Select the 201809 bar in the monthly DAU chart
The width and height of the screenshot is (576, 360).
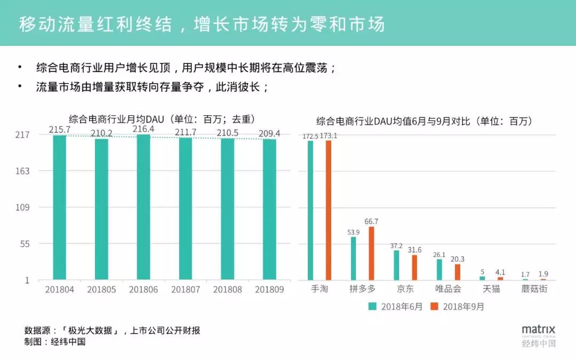point(270,209)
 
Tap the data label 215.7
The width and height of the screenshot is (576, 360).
point(60,130)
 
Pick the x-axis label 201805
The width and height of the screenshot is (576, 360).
point(101,290)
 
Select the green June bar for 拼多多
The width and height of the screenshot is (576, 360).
point(353,258)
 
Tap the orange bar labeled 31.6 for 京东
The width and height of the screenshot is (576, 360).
point(414,267)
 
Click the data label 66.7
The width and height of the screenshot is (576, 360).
point(371,221)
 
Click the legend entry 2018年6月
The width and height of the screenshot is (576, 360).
point(395,307)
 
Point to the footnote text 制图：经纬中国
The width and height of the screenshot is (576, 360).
point(55,342)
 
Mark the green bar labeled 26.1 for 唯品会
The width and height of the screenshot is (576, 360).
point(439,269)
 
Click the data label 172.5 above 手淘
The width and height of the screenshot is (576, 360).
point(310,137)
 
